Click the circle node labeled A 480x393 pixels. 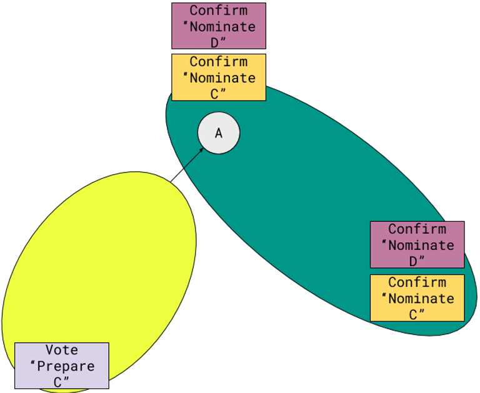pyautogui.click(x=219, y=133)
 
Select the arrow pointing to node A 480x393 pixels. pyautogui.click(x=193, y=158)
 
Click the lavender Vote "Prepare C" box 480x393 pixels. pyautogui.click(x=62, y=366)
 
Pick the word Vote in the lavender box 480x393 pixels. pyautogui.click(x=61, y=351)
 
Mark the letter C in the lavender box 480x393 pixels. pyautogui.click(x=61, y=382)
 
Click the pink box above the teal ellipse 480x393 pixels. pyautogui.click(x=219, y=26)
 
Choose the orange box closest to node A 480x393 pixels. pyautogui.click(x=219, y=77)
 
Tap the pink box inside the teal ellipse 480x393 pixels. pyautogui.click(x=417, y=244)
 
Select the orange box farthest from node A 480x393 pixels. pyautogui.click(x=417, y=298)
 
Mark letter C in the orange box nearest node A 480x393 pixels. pyautogui.click(x=215, y=94)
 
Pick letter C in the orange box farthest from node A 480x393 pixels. pyautogui.click(x=413, y=314)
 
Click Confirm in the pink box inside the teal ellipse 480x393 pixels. pyautogui.click(x=417, y=229)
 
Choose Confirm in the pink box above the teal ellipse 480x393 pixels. pyautogui.click(x=219, y=11)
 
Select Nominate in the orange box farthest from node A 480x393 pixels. pyautogui.click(x=422, y=299)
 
